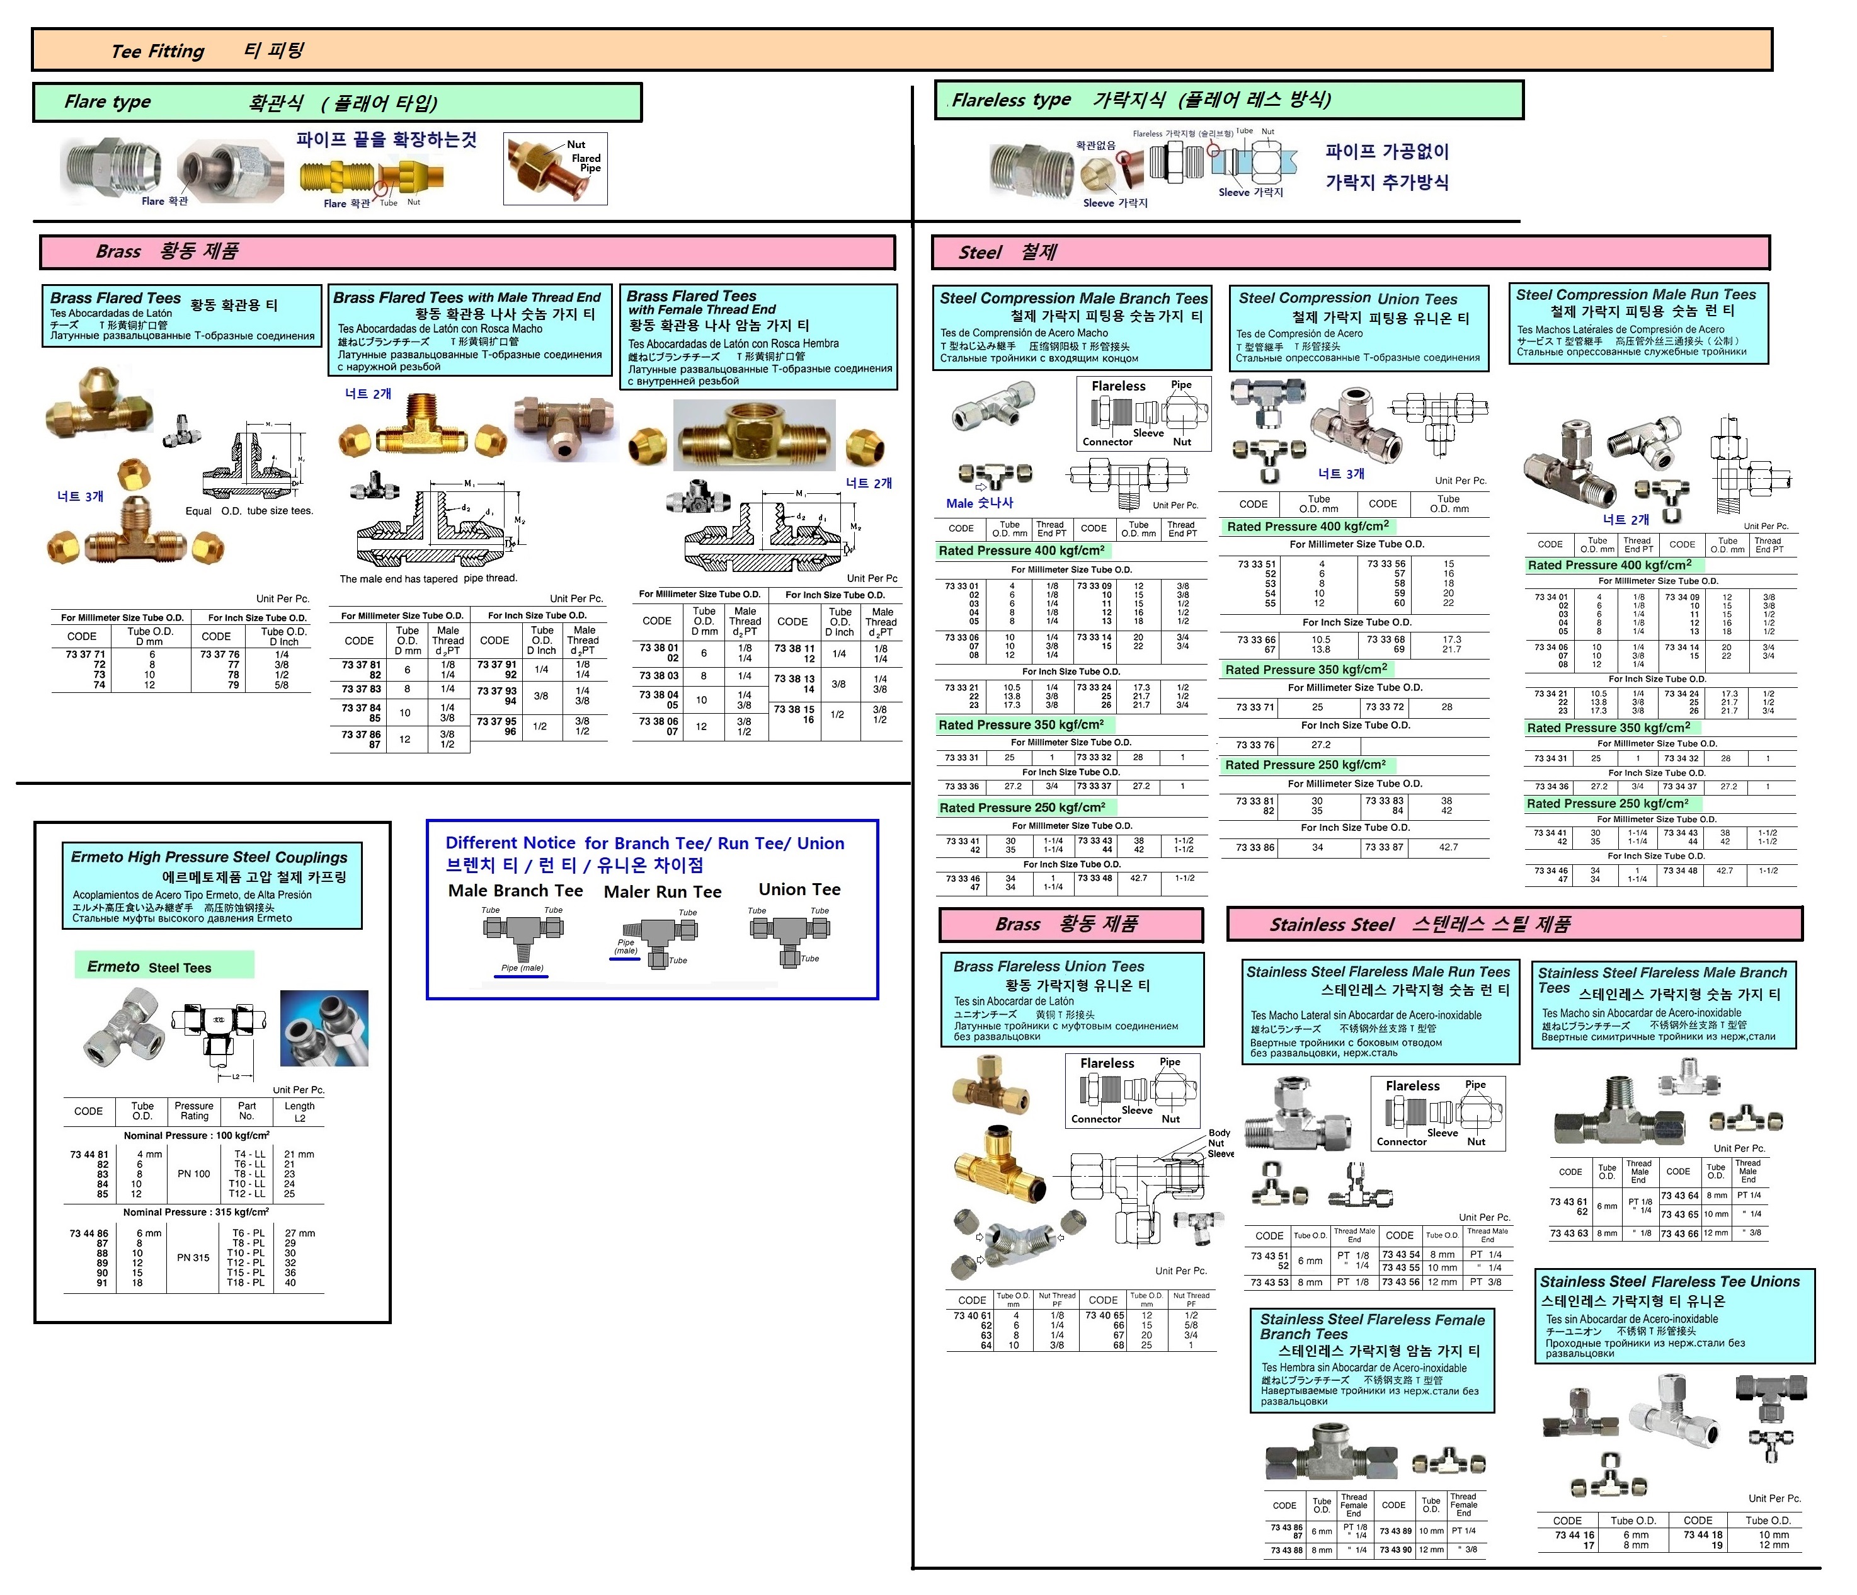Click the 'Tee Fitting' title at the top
click(x=157, y=51)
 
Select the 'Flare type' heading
click(x=108, y=102)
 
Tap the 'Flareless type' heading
click(x=1011, y=100)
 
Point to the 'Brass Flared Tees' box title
click(x=116, y=297)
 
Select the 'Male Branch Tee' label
click(x=515, y=891)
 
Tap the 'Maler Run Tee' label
click(x=662, y=891)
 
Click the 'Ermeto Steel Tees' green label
click(x=150, y=967)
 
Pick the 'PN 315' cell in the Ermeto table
click(x=193, y=1257)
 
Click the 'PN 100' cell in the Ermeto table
click(x=193, y=1173)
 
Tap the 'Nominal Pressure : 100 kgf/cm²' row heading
click(x=197, y=1135)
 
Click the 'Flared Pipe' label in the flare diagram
click(x=587, y=163)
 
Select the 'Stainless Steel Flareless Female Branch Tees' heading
click(x=1372, y=1326)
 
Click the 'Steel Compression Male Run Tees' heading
click(x=1636, y=295)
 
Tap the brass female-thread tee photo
click(x=754, y=437)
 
